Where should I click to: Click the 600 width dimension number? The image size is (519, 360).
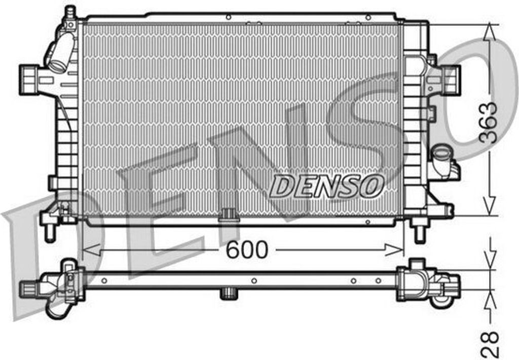tap(246, 249)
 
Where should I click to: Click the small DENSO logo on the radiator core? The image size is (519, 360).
tap(326, 186)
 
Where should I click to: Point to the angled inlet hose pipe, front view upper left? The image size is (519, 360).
tap(61, 52)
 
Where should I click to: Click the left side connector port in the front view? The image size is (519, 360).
tap(30, 79)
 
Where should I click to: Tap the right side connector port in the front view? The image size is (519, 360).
tap(450, 79)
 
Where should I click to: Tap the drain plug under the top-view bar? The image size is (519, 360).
tap(229, 293)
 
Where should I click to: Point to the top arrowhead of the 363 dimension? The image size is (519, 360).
tap(489, 33)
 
